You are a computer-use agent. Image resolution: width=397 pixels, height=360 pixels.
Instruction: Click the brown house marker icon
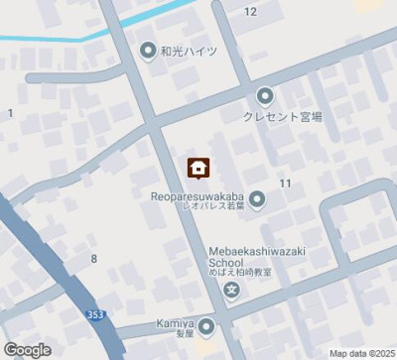(x=198, y=168)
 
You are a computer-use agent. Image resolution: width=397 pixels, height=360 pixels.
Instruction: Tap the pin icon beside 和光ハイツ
(x=149, y=51)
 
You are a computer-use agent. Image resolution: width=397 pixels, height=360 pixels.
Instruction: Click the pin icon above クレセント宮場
(x=265, y=96)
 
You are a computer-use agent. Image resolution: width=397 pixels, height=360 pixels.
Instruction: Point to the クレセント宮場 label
(x=282, y=115)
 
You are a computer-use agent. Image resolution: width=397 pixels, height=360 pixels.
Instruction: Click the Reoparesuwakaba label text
(x=200, y=196)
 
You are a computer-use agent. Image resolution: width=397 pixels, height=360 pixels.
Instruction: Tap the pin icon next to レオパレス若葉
(x=257, y=201)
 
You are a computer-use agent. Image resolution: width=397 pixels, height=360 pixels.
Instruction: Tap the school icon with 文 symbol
(x=231, y=291)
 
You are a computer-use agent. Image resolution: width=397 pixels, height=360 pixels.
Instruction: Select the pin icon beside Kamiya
(x=205, y=325)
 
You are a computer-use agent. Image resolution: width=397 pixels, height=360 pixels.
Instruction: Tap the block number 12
(x=250, y=11)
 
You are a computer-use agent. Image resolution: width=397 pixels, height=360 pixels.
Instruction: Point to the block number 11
(x=286, y=183)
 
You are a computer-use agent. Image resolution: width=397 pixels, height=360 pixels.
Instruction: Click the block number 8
(x=94, y=258)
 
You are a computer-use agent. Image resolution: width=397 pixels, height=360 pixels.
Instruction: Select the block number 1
(x=10, y=113)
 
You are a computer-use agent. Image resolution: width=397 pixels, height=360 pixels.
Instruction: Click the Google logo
(x=27, y=349)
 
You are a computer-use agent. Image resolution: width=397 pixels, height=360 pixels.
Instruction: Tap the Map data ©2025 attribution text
(x=361, y=353)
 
